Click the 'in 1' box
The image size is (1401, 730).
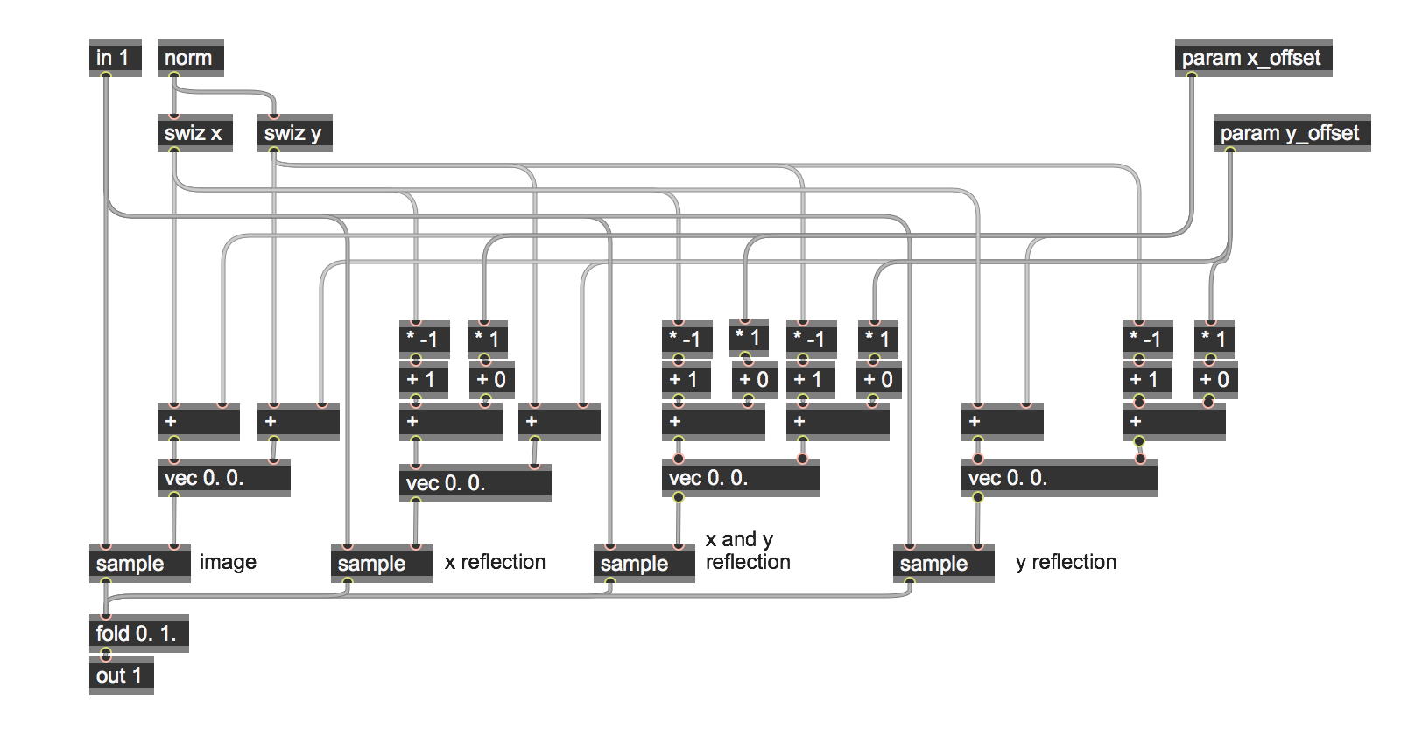pyautogui.click(x=115, y=58)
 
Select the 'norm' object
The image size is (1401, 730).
pyautogui.click(x=190, y=58)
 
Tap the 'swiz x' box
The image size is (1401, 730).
pyautogui.click(x=194, y=133)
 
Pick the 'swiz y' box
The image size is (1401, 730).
pyautogui.click(x=294, y=133)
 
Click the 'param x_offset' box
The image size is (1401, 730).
pyautogui.click(x=1252, y=58)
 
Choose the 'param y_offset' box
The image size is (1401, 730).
pyautogui.click(x=1291, y=133)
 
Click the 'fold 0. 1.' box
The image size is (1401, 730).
pyautogui.click(x=138, y=633)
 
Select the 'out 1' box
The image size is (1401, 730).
pyautogui.click(x=121, y=676)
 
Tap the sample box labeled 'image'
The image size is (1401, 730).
pyautogui.click(x=139, y=563)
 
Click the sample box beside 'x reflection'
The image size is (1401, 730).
pyautogui.click(x=381, y=563)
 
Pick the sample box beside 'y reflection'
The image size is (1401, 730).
pyautogui.click(x=943, y=563)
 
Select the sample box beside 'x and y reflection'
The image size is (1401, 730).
pyautogui.click(x=644, y=563)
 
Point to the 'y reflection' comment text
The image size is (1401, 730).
pyautogui.click(x=1066, y=562)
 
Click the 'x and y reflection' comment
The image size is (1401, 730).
pyautogui.click(x=747, y=551)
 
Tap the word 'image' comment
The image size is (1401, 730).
pyautogui.click(x=228, y=562)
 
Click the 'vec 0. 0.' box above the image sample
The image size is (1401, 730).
pyautogui.click(x=223, y=478)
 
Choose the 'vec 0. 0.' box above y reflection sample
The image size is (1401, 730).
pyautogui.click(x=1058, y=478)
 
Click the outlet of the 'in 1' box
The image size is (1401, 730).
pyautogui.click(x=106, y=75)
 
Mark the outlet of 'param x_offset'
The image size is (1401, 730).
pyautogui.click(x=1192, y=75)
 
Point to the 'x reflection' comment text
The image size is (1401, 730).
pyautogui.click(x=495, y=562)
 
